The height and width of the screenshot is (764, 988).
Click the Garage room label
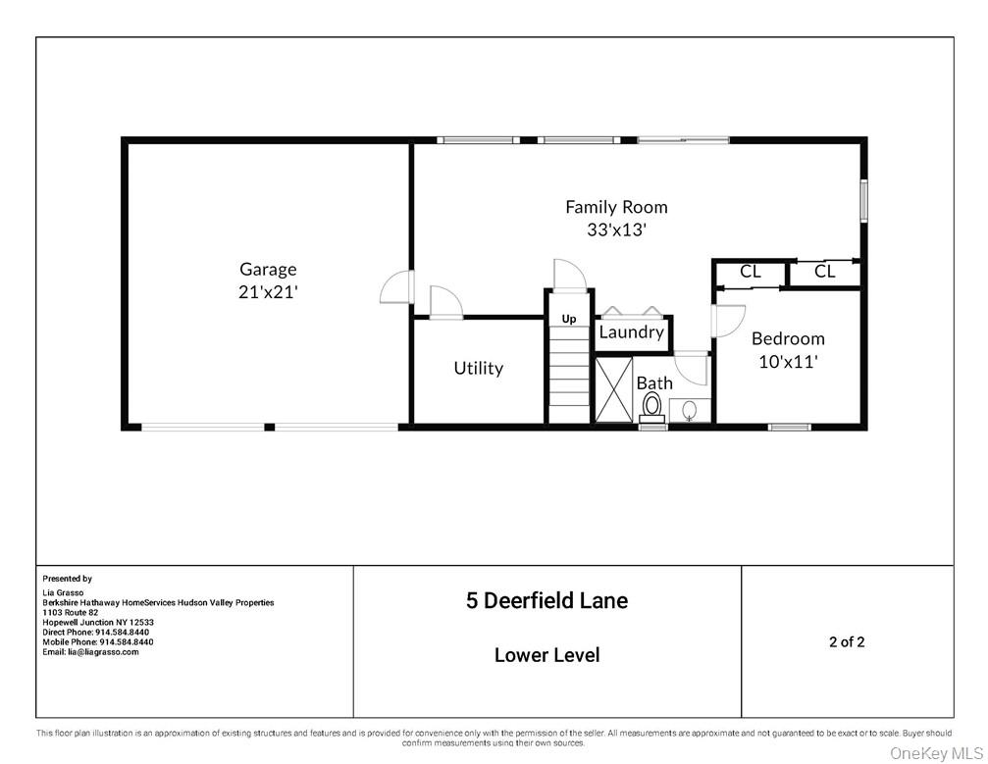(x=268, y=269)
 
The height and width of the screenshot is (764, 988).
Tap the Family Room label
(x=616, y=207)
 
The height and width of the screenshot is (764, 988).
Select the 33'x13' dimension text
(x=616, y=230)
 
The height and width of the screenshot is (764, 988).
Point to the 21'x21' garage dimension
(x=268, y=292)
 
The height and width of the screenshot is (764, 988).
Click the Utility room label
(x=478, y=368)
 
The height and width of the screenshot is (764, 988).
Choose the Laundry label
(x=631, y=332)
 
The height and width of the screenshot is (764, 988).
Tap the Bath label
(x=654, y=382)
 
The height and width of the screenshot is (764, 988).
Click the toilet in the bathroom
(x=652, y=406)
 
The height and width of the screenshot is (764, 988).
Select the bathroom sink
(x=690, y=409)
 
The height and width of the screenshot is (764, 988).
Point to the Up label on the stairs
(x=569, y=319)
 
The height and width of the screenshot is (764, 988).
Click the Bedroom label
(x=788, y=338)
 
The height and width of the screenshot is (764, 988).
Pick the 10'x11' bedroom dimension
(x=788, y=361)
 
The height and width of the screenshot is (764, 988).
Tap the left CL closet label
(x=751, y=272)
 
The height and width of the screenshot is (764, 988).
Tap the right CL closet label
(x=825, y=272)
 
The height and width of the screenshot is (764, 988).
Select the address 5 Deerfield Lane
(x=546, y=600)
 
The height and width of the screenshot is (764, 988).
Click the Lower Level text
(x=546, y=655)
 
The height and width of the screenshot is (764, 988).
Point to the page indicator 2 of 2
(x=847, y=642)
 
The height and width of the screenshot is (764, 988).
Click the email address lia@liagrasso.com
(x=90, y=652)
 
